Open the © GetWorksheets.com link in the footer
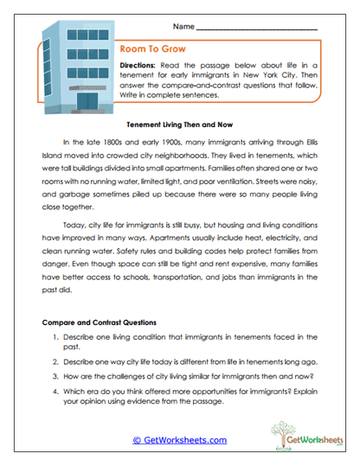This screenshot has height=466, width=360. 179,440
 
